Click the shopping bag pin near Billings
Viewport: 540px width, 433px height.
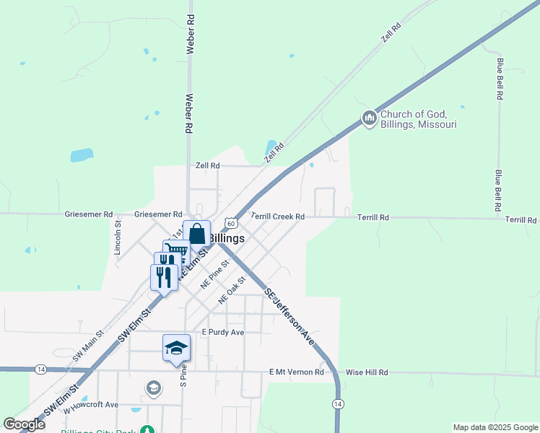tap(196, 235)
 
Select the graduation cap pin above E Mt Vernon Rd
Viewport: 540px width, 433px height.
tap(176, 348)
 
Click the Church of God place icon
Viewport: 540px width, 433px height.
tap(369, 118)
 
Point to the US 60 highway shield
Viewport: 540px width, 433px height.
tap(230, 224)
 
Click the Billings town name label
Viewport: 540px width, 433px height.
tap(226, 237)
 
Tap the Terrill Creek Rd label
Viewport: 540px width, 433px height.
tap(278, 216)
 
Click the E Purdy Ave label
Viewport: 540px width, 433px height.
tap(223, 332)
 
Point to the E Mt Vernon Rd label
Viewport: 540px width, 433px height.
tap(295, 372)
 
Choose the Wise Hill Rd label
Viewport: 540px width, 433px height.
tap(367, 372)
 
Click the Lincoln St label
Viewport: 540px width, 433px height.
tap(118, 239)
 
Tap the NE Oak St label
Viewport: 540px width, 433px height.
tap(233, 287)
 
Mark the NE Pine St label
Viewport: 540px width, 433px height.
tap(214, 274)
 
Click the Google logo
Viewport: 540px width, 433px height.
tap(25, 424)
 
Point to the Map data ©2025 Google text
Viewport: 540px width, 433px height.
tap(495, 427)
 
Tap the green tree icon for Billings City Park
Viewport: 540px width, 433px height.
tap(147, 430)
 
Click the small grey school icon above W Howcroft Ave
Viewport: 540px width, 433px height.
tap(153, 388)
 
